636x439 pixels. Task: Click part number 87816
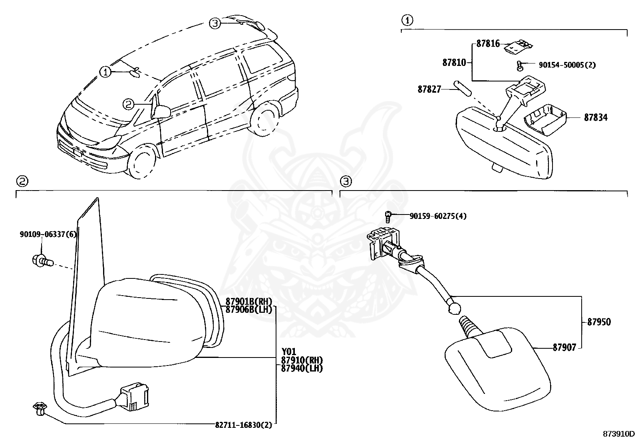(x=488, y=44)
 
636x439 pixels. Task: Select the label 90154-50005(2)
(x=567, y=65)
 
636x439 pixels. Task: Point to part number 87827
(x=429, y=89)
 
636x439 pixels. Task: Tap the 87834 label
(x=596, y=117)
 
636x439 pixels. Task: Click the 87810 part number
(x=454, y=62)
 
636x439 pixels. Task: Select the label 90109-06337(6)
(x=48, y=234)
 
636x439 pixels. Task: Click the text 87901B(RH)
(x=248, y=302)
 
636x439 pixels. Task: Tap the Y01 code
(x=289, y=352)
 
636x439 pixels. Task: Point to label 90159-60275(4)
(x=438, y=216)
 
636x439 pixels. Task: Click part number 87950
(x=599, y=322)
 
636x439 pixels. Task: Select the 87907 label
(x=564, y=348)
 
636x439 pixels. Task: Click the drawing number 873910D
(x=619, y=433)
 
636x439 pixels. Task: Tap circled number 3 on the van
(x=215, y=24)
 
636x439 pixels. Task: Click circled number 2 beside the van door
(x=127, y=104)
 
